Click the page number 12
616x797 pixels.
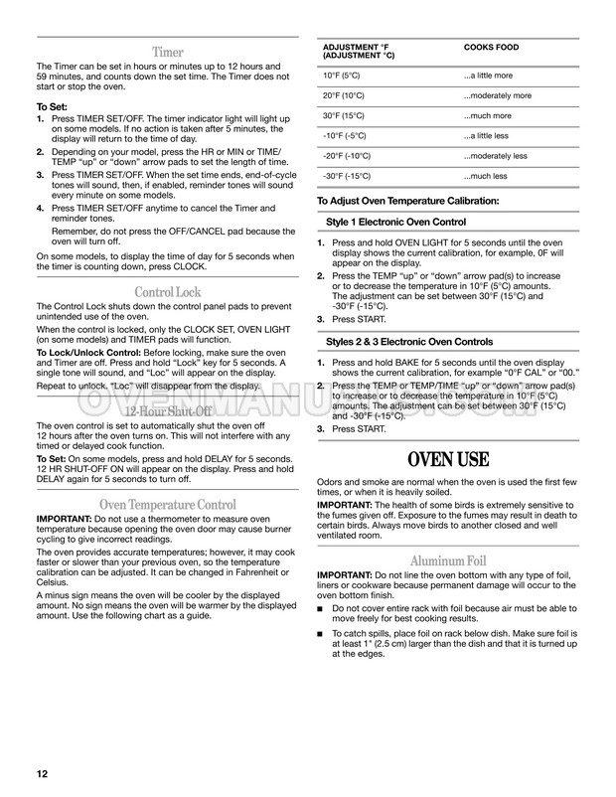pyautogui.click(x=43, y=773)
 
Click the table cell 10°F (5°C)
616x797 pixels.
pyautogui.click(x=342, y=76)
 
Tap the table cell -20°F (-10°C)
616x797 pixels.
pyautogui.click(x=349, y=156)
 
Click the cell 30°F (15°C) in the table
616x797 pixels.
pyautogui.click(x=345, y=115)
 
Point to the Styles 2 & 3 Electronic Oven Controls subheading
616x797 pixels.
pyautogui.click(x=409, y=341)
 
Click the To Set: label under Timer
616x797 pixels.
pyautogui.click(x=54, y=105)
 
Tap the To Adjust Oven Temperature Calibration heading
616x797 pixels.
pyautogui.click(x=408, y=202)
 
